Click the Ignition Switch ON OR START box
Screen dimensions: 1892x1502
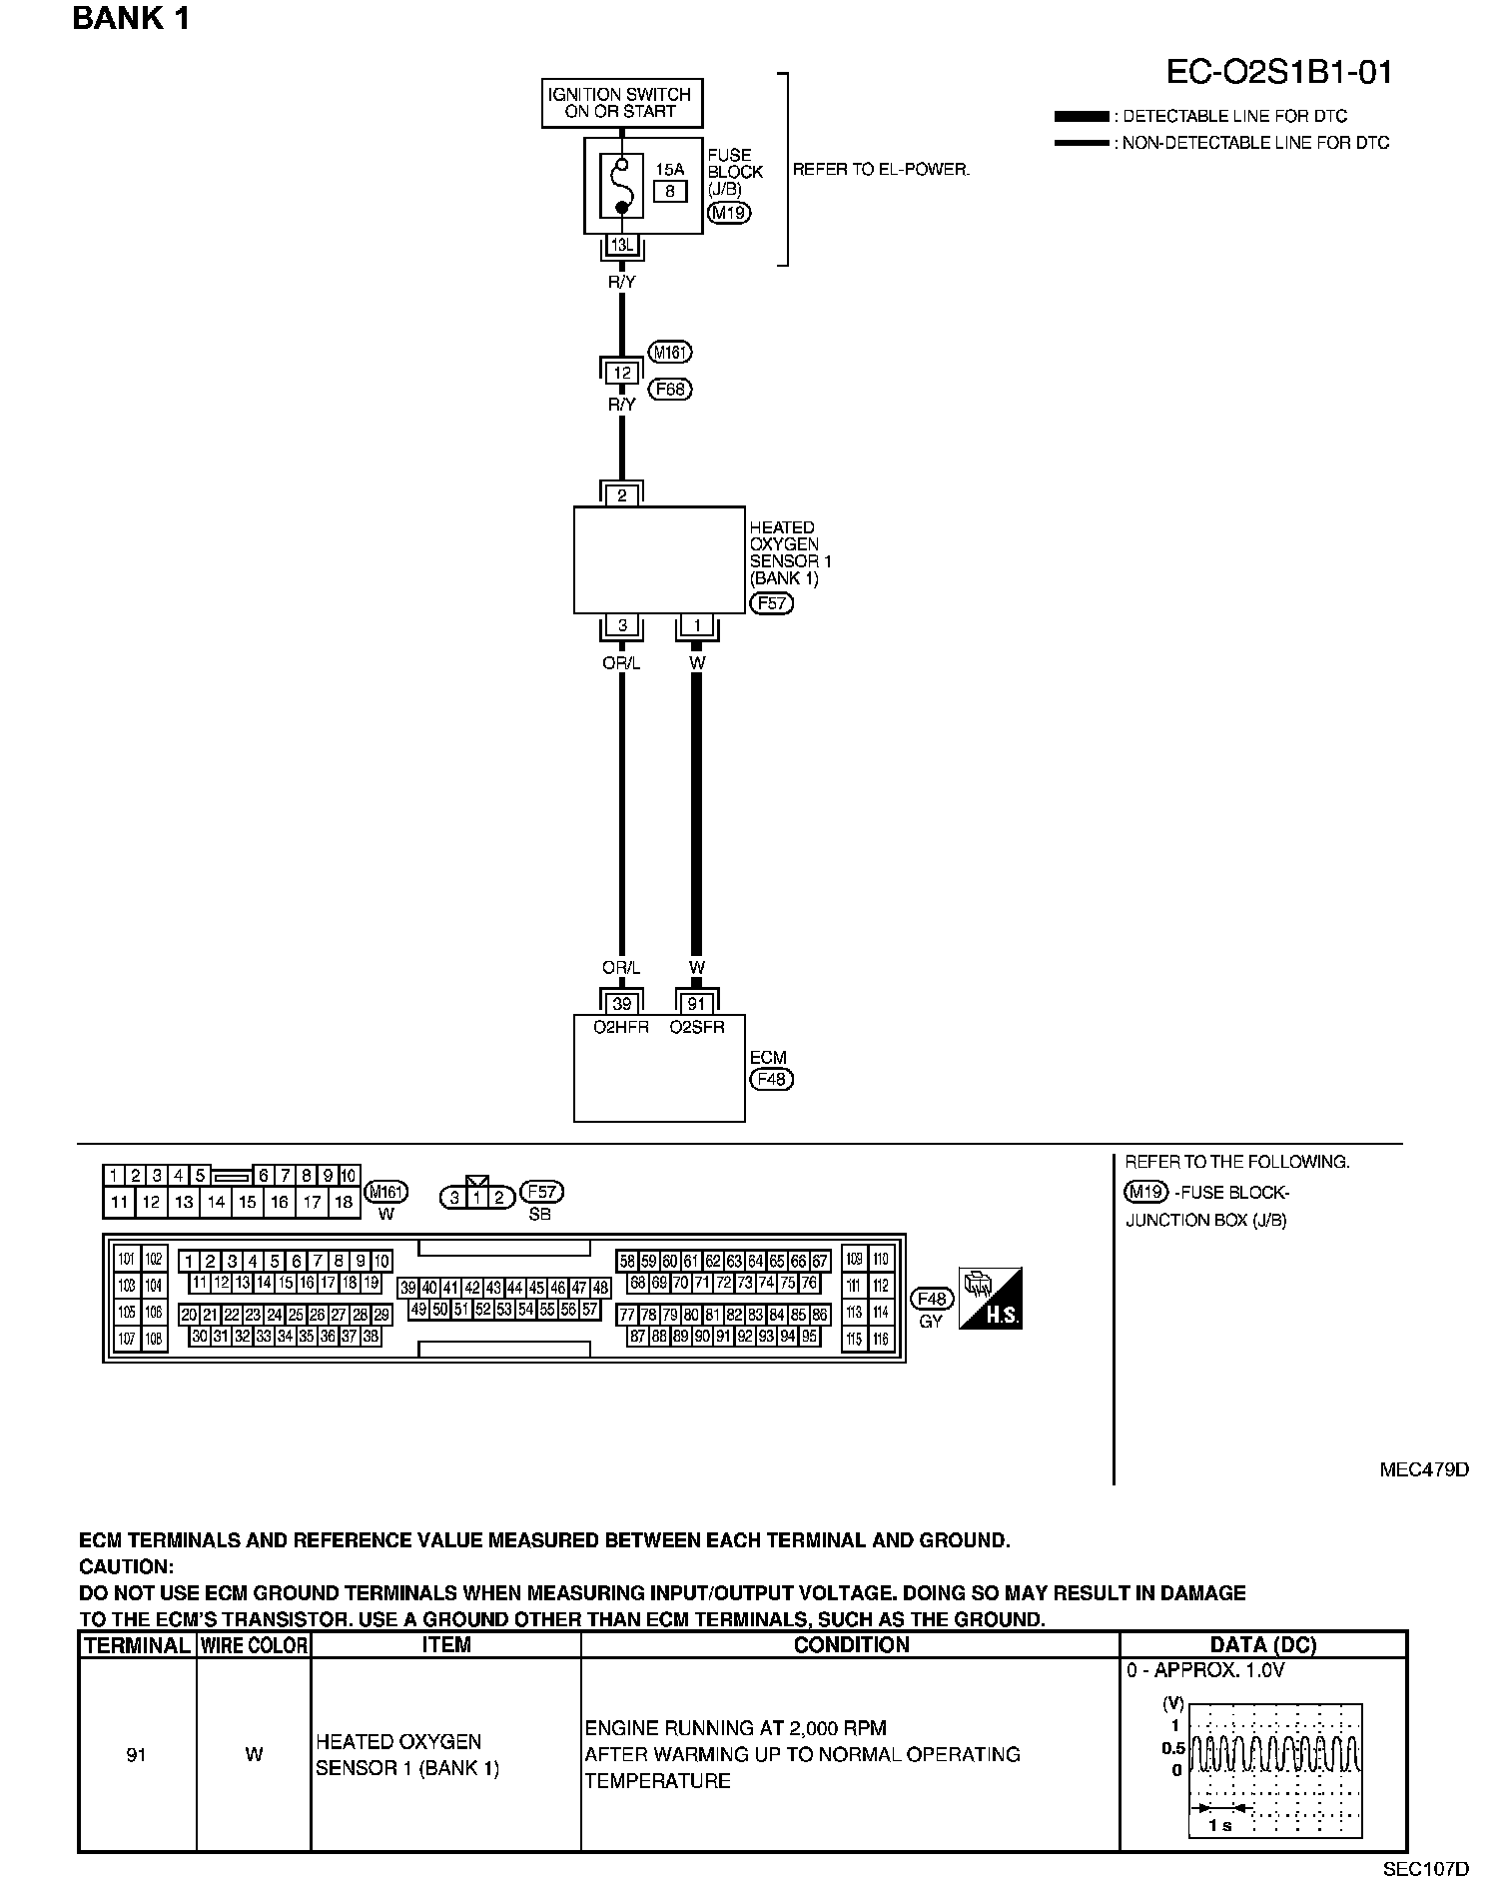pyautogui.click(x=621, y=103)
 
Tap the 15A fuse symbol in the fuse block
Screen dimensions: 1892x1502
pyautogui.click(x=621, y=186)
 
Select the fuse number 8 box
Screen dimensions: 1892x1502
pyautogui.click(x=670, y=192)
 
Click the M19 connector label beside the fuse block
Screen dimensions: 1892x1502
pyautogui.click(x=728, y=212)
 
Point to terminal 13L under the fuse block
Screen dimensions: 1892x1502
pyautogui.click(x=621, y=245)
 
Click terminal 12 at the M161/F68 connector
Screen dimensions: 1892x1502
pyautogui.click(x=621, y=373)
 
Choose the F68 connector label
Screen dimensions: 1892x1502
pyautogui.click(x=670, y=389)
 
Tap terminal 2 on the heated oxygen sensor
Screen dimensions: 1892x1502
pyautogui.click(x=621, y=495)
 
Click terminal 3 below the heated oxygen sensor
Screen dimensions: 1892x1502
pyautogui.click(x=621, y=626)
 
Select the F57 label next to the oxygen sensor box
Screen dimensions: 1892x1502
pyautogui.click(x=771, y=603)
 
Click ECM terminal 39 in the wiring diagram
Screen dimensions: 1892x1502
pyautogui.click(x=621, y=1004)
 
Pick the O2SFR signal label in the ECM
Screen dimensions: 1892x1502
pyautogui.click(x=697, y=1026)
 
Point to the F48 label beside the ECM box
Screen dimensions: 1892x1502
pyautogui.click(x=771, y=1079)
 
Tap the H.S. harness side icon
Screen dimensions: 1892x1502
pyautogui.click(x=990, y=1299)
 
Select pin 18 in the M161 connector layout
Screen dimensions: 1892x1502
pyautogui.click(x=343, y=1203)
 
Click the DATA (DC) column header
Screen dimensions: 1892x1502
pyautogui.click(x=1262, y=1644)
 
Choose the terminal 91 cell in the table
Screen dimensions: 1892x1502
pyautogui.click(x=137, y=1754)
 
